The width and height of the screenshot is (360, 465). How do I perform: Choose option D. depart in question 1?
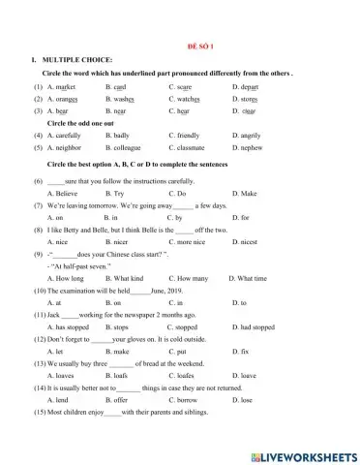click(252, 87)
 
